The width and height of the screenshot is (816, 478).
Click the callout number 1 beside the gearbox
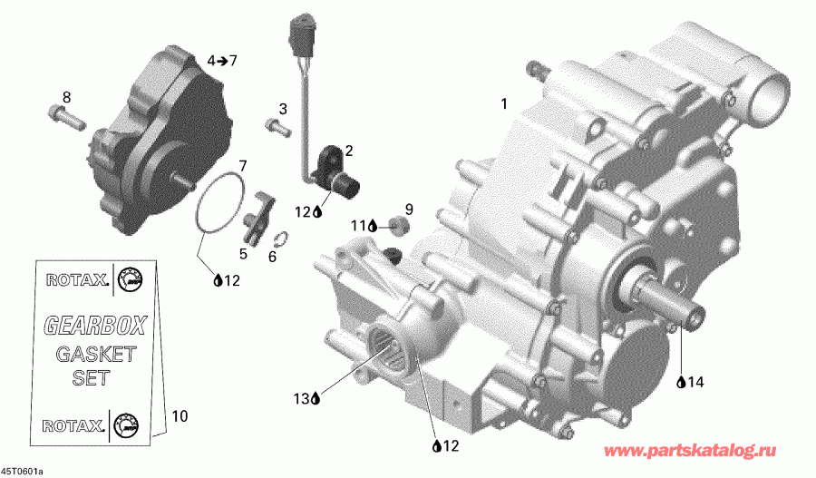(x=504, y=104)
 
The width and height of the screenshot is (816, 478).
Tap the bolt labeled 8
(x=66, y=116)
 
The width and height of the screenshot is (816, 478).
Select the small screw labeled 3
(x=277, y=128)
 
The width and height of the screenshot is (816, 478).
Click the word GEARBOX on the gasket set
(x=95, y=326)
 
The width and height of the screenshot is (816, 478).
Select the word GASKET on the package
(x=95, y=354)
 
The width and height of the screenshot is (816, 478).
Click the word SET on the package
(x=91, y=377)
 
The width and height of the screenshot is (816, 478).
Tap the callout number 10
(x=179, y=416)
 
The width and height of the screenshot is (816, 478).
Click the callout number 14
(x=695, y=382)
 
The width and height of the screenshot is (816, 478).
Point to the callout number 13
(x=301, y=399)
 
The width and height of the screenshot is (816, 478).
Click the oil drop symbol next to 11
(x=372, y=226)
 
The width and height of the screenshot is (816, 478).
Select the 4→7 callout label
(x=222, y=61)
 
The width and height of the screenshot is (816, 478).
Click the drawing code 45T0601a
(x=22, y=472)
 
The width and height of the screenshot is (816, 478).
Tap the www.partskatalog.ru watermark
(x=690, y=450)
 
